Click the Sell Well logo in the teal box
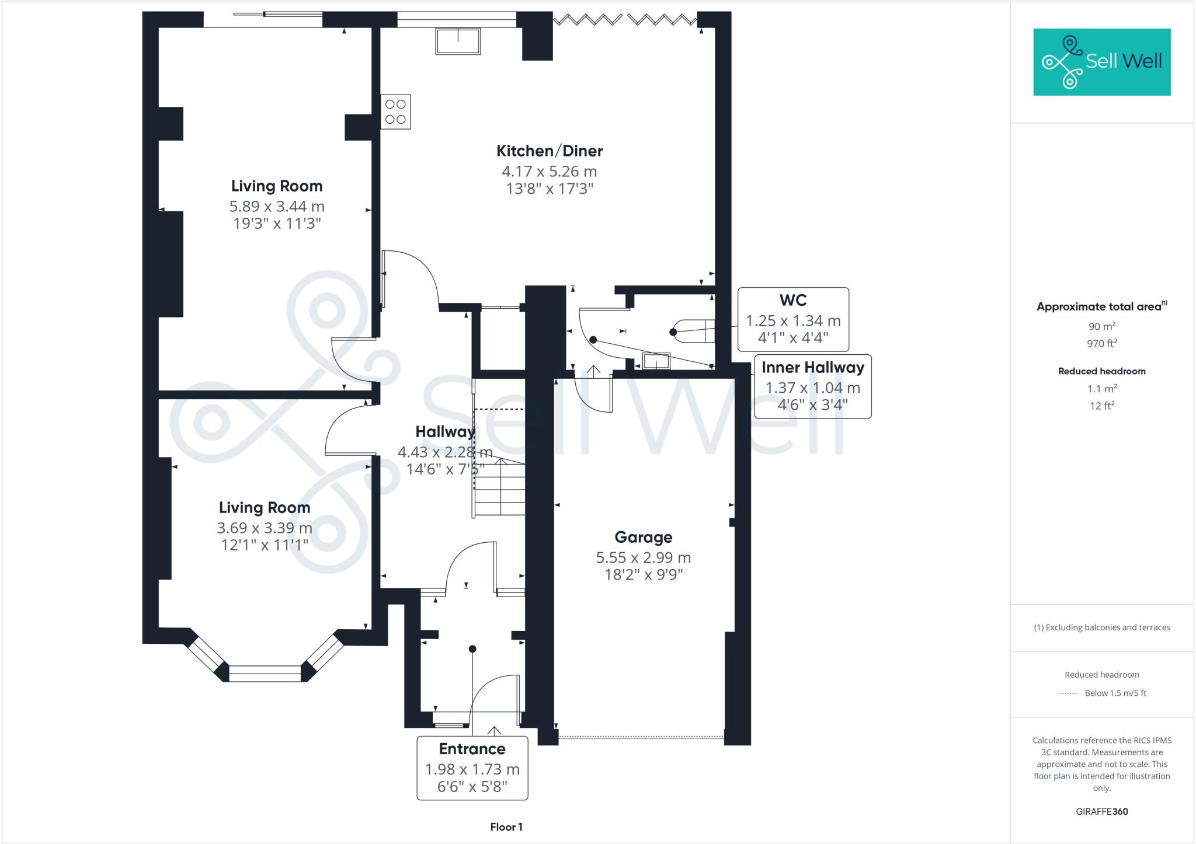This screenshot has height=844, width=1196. pos(1102,62)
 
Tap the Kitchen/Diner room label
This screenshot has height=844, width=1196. pos(550,151)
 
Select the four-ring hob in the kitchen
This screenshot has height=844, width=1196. pos(395,111)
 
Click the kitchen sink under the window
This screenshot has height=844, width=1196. pos(458,41)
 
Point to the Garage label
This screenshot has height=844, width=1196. pos(644,537)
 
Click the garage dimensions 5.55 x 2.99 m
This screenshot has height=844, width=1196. pos(644,557)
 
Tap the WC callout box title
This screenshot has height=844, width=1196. pos(793,300)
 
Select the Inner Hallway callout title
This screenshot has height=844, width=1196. pos(813,367)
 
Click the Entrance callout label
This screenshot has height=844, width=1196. pos(472,749)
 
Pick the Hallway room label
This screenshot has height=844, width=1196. pos(445,432)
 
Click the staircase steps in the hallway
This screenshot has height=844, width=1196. pos(499,487)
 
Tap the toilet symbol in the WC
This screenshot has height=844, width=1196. pos(693,332)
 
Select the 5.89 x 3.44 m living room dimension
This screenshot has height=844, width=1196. pos(277,207)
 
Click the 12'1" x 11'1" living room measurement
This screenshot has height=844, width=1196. pos(265,545)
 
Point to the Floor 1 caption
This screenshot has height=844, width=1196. pos(506,827)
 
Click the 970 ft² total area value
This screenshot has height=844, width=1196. pos(1102,343)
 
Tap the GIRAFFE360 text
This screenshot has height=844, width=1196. pos(1102,811)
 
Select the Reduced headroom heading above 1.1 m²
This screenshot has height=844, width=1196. pos(1102,371)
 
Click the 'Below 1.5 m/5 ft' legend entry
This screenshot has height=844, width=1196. pos(1115,693)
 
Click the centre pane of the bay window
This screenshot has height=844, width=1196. pos(265,674)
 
